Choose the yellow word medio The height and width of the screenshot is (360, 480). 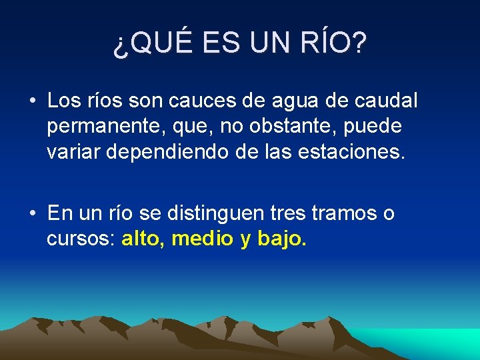pos(202,239)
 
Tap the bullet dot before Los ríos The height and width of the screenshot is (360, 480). pos(32,101)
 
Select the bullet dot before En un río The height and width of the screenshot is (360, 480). pos(32,213)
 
